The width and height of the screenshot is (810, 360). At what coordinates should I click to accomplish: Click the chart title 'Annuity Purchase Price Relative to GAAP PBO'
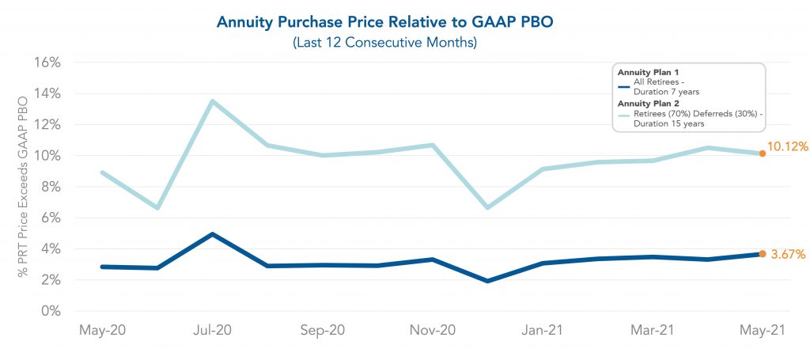click(x=385, y=22)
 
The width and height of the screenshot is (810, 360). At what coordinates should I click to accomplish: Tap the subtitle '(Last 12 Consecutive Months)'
click(x=385, y=43)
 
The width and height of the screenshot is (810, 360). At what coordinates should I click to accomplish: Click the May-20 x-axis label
click(x=102, y=331)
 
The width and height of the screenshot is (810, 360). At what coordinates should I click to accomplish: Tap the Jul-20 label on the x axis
click(x=212, y=331)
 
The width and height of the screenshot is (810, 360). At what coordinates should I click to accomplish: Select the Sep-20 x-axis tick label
click(x=322, y=331)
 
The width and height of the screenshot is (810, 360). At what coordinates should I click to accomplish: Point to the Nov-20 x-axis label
click(x=432, y=331)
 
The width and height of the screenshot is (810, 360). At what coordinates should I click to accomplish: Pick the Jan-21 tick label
click(x=542, y=331)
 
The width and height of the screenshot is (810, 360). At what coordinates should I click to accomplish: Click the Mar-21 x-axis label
click(x=652, y=331)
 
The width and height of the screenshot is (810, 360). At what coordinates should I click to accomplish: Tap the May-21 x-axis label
click(x=762, y=331)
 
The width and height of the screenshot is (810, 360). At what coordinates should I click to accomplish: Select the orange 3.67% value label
click(x=787, y=255)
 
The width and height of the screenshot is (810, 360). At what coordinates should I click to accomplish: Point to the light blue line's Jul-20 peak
click(x=212, y=101)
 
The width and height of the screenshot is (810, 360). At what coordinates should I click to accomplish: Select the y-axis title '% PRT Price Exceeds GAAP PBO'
click(x=23, y=187)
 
